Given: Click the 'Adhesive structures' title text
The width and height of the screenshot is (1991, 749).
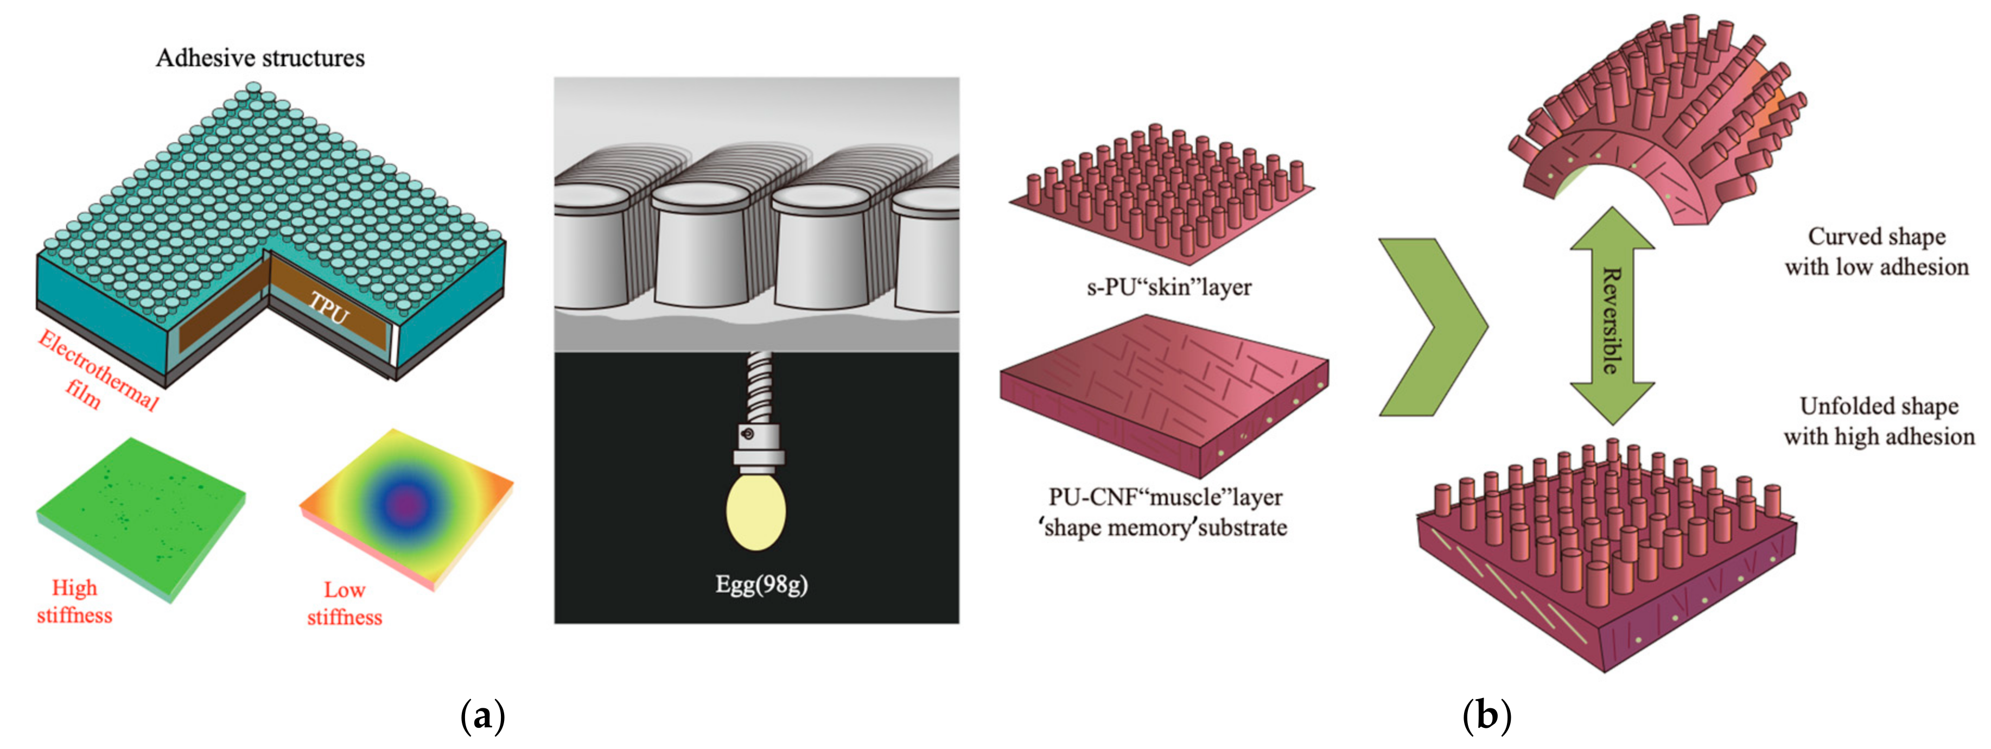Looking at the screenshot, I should coord(260,58).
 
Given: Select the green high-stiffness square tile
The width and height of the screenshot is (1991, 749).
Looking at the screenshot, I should coord(141,514).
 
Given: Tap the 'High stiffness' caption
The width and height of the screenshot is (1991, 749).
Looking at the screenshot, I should coord(74,601).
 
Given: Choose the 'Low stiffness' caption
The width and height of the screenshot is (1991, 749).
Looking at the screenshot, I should coord(345,604).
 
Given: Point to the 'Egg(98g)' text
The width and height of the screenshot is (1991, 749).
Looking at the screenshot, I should coord(761,585).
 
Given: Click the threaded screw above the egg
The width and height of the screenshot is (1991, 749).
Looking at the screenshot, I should coord(759,386).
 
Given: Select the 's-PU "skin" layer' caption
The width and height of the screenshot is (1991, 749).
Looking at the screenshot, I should coord(1169,288).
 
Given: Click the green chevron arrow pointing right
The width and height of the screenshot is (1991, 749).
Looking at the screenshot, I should coord(1430,328).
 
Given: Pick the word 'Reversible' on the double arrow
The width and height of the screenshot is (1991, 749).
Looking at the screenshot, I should coord(1612,320).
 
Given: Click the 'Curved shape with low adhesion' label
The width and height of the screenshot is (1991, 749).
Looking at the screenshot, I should coord(1876,251).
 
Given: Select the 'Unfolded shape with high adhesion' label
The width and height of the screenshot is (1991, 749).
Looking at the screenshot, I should coord(1878,421).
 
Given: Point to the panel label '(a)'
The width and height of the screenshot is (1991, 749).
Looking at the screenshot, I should coord(482,716).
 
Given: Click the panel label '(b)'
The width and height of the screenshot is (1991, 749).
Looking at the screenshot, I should coord(1486,716).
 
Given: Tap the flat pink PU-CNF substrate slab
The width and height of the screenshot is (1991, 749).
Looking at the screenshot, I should coord(1163,390).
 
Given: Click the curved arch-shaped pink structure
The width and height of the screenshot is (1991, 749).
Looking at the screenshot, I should coord(1662,131).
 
